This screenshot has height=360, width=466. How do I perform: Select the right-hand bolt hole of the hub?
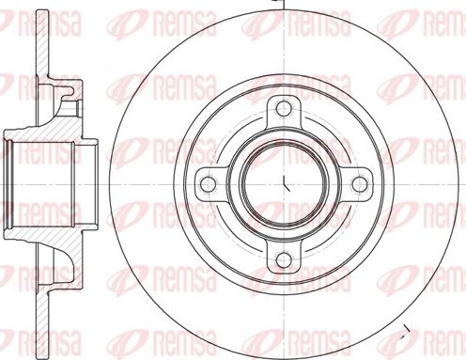pos(359,181)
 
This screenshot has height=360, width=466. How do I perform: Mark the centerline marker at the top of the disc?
pos(284,4)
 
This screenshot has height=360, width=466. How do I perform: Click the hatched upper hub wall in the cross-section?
pos(52,122)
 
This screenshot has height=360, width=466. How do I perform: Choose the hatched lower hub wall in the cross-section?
pos(52,241)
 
